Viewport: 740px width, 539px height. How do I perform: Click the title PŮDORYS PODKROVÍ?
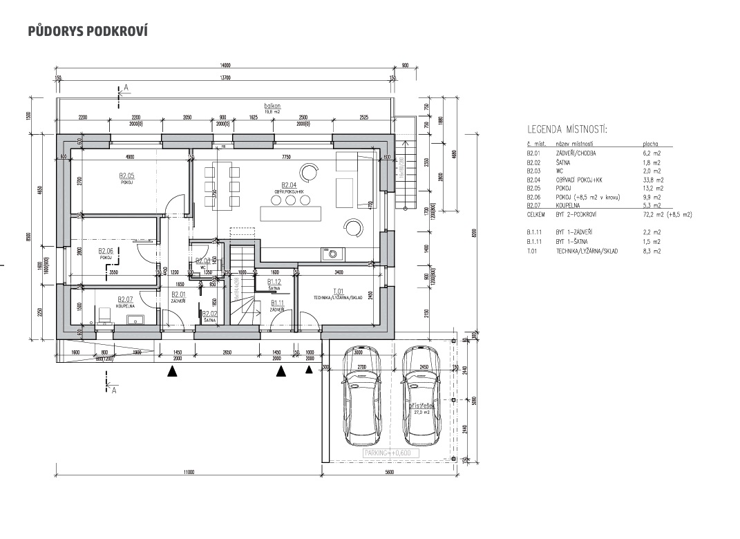[x=88, y=32]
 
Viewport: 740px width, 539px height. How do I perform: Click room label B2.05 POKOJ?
[x=126, y=178]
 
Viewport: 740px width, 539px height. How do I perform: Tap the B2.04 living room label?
[x=289, y=187]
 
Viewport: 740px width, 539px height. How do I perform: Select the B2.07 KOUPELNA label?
[x=125, y=301]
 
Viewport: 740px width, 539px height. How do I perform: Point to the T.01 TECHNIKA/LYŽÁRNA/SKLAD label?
[x=339, y=293]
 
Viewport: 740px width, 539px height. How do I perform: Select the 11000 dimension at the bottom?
[x=189, y=473]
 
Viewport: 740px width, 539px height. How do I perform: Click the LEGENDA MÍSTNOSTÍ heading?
[x=567, y=129]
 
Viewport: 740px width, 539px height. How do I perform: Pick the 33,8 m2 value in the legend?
[x=652, y=180]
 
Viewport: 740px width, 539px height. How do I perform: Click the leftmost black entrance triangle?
[x=172, y=371]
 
